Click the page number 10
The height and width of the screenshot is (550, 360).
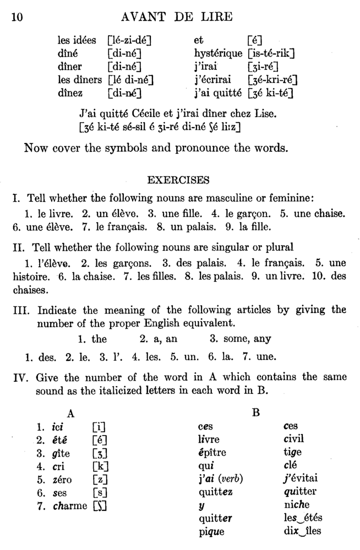click(17, 17)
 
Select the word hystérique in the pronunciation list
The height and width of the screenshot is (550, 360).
click(217, 53)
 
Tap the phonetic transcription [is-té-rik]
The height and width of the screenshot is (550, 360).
click(271, 53)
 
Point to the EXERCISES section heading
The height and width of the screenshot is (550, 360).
click(178, 179)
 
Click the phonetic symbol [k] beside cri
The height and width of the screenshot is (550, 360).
click(101, 465)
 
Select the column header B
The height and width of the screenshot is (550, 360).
click(255, 412)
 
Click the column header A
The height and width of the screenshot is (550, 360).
click(70, 412)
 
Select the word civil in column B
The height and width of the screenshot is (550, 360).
click(293, 439)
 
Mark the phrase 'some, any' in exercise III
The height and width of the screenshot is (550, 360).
click(240, 339)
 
